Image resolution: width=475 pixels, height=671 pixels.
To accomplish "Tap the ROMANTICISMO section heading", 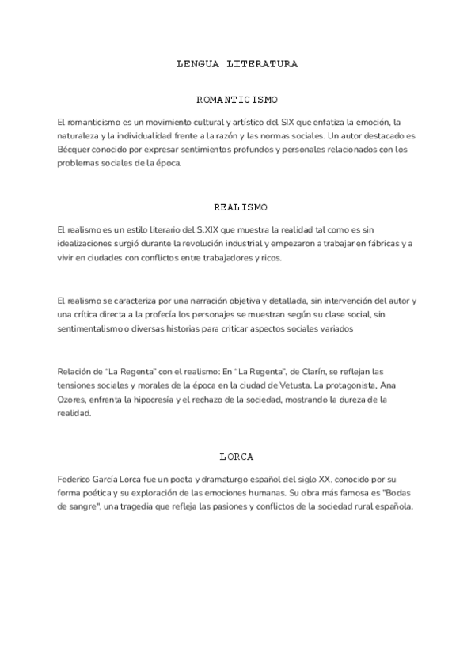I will (x=237, y=100).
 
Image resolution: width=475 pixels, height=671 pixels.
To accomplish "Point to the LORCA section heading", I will (x=237, y=457).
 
